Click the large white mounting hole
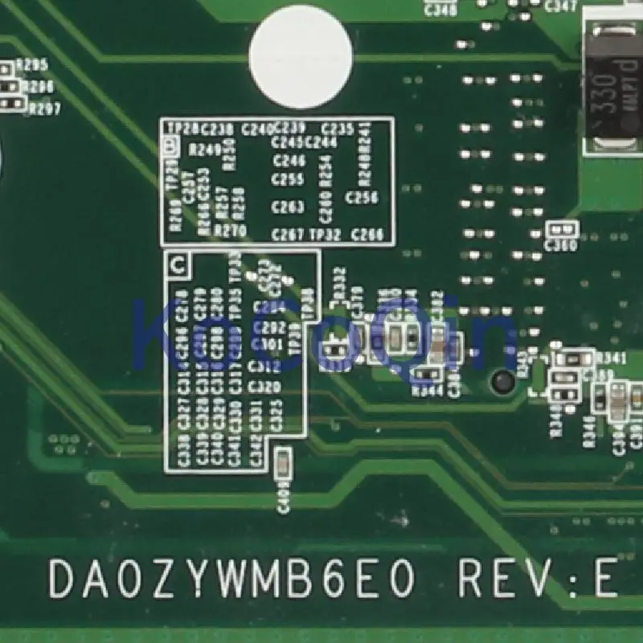click(x=301, y=57)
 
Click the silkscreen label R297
click(x=43, y=109)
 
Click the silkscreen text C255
click(x=288, y=180)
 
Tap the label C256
click(x=361, y=196)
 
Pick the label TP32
click(x=326, y=235)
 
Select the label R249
click(x=204, y=149)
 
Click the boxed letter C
click(x=177, y=263)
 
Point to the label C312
click(x=264, y=367)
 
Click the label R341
click(x=610, y=358)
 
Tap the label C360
click(x=560, y=246)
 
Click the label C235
click(x=338, y=129)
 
